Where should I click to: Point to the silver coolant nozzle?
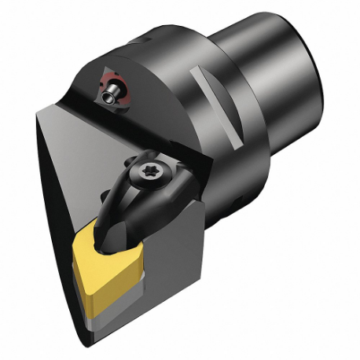point(113,93)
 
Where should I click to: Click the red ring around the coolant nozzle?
point(107,86)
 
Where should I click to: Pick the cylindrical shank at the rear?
point(291,83)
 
